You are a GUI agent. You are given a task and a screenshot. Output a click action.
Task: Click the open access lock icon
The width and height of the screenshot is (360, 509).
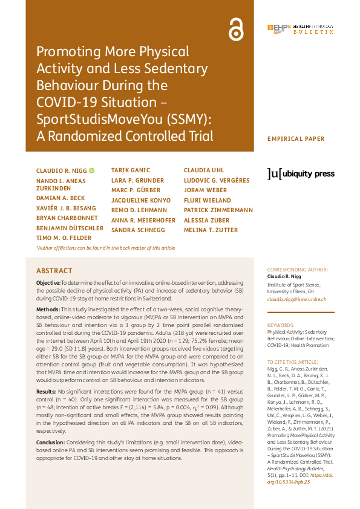[x=235, y=29]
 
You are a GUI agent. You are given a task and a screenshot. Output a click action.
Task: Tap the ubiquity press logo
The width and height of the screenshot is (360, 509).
[x=301, y=174]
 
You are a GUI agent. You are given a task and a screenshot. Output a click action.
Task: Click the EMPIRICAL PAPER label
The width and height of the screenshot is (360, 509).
[x=296, y=139]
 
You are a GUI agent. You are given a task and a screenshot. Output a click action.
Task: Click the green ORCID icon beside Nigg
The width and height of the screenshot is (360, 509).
[x=92, y=171]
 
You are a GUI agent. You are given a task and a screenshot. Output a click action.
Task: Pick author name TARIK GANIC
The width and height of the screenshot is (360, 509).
[x=131, y=170]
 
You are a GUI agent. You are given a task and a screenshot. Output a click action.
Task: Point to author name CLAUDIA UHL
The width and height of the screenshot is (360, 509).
[x=204, y=170]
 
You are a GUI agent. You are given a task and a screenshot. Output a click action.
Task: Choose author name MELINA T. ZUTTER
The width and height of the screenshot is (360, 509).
[x=211, y=230]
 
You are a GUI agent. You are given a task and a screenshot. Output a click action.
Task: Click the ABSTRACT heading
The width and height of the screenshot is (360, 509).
[x=54, y=271]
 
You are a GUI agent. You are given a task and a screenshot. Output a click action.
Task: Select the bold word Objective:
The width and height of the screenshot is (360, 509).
[x=48, y=282]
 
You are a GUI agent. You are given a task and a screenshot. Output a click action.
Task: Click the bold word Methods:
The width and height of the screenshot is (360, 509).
[x=48, y=308]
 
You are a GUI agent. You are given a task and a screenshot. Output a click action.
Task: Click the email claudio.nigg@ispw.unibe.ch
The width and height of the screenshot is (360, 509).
[x=296, y=299]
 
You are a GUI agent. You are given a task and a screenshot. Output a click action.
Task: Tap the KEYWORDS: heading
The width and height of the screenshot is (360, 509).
[x=281, y=325]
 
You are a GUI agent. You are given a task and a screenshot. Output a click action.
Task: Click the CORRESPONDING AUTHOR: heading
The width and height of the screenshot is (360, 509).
[x=298, y=269]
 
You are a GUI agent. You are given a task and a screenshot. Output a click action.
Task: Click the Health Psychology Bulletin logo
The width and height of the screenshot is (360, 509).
[x=300, y=29]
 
